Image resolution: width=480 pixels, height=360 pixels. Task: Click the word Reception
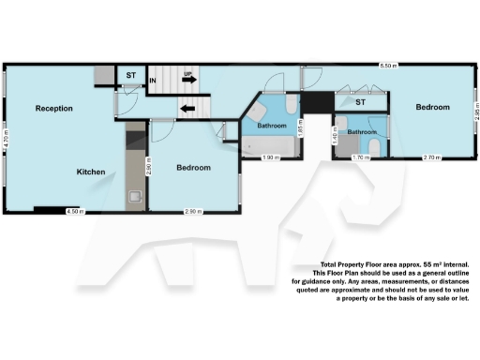pos(54,109)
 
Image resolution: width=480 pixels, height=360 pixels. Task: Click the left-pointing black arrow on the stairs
pos(188,107)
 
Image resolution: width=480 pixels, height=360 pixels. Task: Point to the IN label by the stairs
pos(152,82)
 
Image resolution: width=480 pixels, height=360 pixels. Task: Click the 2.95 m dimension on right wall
pos(476,114)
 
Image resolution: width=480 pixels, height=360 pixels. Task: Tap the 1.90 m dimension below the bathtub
pos(268,157)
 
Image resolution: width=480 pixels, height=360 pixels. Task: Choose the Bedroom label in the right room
pos(433,108)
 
